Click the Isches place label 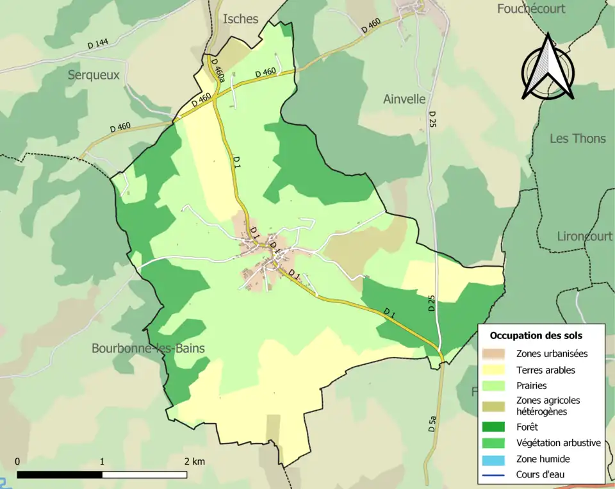[240, 19]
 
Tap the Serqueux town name [94, 75]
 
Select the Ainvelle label [404, 99]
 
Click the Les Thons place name [577, 138]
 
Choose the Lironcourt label [584, 236]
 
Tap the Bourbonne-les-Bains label [148, 349]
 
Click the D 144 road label [98, 44]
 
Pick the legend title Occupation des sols [536, 335]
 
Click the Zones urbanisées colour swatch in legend [498, 353]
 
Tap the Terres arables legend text [546, 370]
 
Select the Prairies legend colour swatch [498, 386]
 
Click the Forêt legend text [527, 426]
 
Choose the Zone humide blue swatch [498, 459]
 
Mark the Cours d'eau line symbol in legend [498, 475]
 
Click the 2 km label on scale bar [195, 461]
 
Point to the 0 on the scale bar [17, 461]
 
